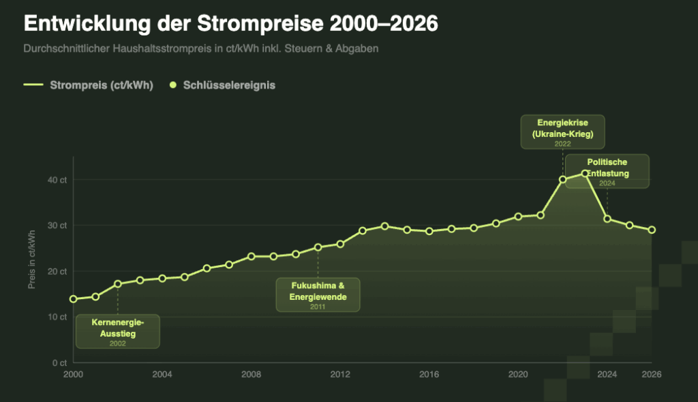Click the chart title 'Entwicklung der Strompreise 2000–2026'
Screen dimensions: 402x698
point(230,23)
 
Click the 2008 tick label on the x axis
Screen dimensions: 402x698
point(251,375)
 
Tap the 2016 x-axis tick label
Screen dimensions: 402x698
point(429,375)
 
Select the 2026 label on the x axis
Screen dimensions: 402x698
point(652,375)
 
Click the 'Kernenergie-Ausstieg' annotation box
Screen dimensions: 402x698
point(117,331)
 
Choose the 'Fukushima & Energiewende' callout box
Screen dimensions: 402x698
point(318,295)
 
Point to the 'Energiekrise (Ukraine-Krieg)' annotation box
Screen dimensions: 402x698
point(562,132)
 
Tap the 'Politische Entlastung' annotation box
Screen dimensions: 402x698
point(607,171)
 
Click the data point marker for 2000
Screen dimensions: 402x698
point(73,299)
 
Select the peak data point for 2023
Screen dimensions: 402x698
point(585,174)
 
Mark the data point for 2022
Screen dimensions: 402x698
point(562,180)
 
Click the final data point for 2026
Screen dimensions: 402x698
point(652,230)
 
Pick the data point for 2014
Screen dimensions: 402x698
point(384,226)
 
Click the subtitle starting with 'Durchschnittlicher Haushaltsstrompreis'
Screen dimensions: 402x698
point(200,49)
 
